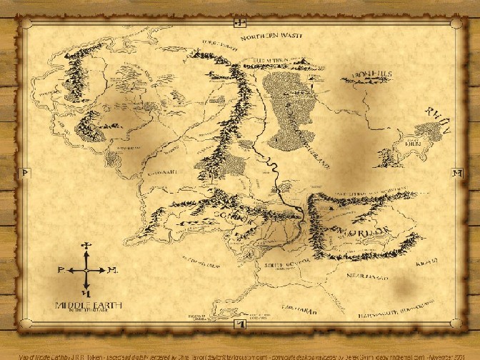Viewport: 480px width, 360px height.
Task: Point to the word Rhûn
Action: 439,121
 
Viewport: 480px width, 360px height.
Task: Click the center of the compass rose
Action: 86,271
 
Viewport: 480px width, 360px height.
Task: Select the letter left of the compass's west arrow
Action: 61,271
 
